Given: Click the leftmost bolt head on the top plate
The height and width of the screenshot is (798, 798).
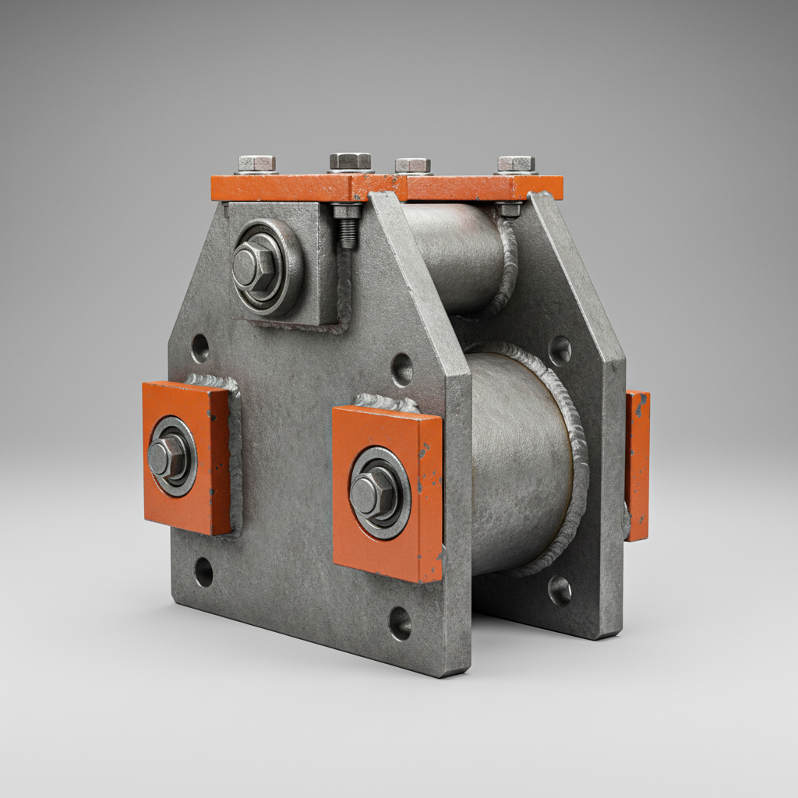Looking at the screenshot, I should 256,164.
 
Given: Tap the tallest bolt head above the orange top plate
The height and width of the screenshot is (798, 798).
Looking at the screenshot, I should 350,161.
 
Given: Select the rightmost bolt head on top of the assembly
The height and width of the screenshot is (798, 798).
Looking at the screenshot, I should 516,164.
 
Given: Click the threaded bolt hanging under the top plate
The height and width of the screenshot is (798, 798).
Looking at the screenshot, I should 348,227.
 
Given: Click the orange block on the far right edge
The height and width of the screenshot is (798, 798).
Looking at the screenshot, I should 637,465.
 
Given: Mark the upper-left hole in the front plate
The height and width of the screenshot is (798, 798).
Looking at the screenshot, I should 199,348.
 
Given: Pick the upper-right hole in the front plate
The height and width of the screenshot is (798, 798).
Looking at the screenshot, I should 401,369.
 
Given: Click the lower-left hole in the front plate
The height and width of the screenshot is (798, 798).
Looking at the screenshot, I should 203,572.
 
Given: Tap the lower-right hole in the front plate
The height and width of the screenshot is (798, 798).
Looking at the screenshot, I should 400,622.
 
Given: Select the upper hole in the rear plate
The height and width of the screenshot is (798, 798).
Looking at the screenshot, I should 560,351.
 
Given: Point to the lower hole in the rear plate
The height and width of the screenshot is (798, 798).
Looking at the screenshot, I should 560,591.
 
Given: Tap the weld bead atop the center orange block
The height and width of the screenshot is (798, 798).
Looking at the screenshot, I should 387,403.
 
